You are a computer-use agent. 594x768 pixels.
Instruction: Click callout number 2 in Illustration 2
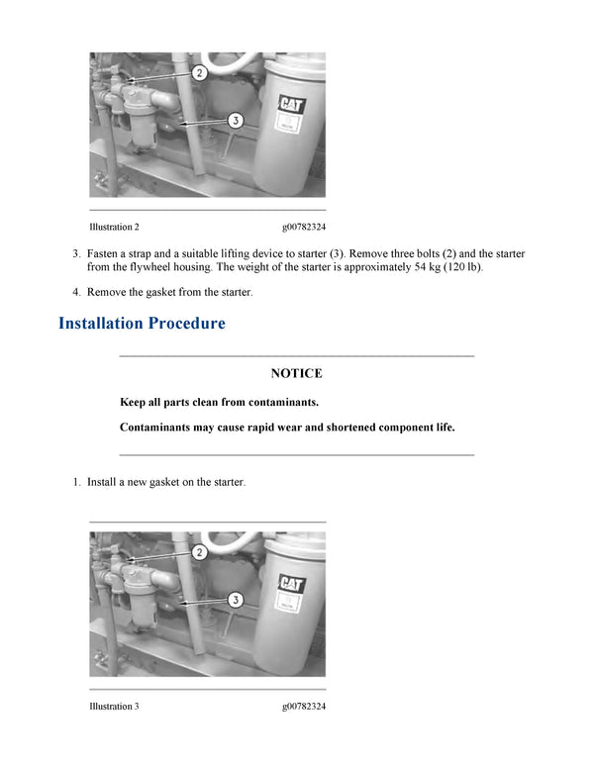pyautogui.click(x=198, y=73)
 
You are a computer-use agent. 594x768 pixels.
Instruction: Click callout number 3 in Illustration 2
pyautogui.click(x=236, y=121)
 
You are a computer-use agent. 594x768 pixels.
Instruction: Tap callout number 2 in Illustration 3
pyautogui.click(x=198, y=552)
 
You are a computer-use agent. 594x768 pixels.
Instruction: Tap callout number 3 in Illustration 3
pyautogui.click(x=236, y=600)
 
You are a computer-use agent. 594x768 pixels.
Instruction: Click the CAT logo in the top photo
pyautogui.click(x=292, y=104)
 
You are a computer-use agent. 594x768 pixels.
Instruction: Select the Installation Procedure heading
pyautogui.click(x=142, y=324)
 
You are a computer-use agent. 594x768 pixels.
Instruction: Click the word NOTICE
pyautogui.click(x=296, y=373)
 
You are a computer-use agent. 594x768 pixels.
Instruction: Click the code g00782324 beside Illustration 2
pyautogui.click(x=304, y=227)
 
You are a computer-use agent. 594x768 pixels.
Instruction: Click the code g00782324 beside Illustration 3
pyautogui.click(x=304, y=706)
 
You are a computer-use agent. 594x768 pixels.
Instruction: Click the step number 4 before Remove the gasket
pyautogui.click(x=75, y=292)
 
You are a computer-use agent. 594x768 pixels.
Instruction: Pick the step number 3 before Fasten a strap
pyautogui.click(x=75, y=253)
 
